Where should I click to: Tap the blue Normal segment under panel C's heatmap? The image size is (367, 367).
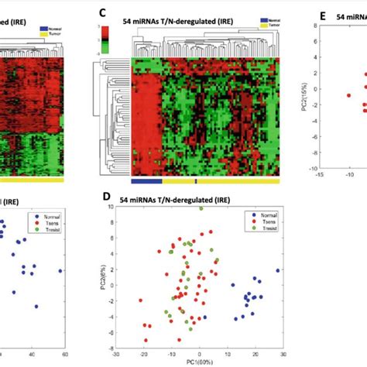click(x=146, y=181)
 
